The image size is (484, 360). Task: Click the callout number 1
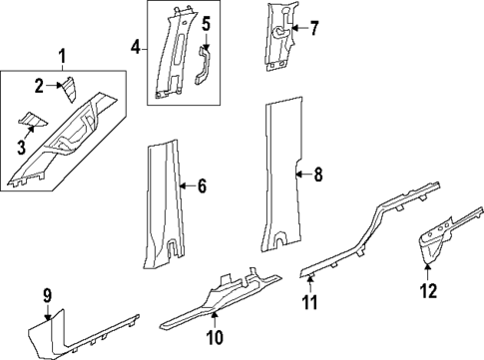63,55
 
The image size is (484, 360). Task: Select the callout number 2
40,87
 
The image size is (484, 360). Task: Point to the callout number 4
136,47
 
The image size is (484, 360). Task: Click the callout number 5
206,23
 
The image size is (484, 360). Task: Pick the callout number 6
202,184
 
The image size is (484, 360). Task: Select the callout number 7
314,28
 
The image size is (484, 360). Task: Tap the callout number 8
318,177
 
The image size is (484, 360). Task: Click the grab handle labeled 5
205,68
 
